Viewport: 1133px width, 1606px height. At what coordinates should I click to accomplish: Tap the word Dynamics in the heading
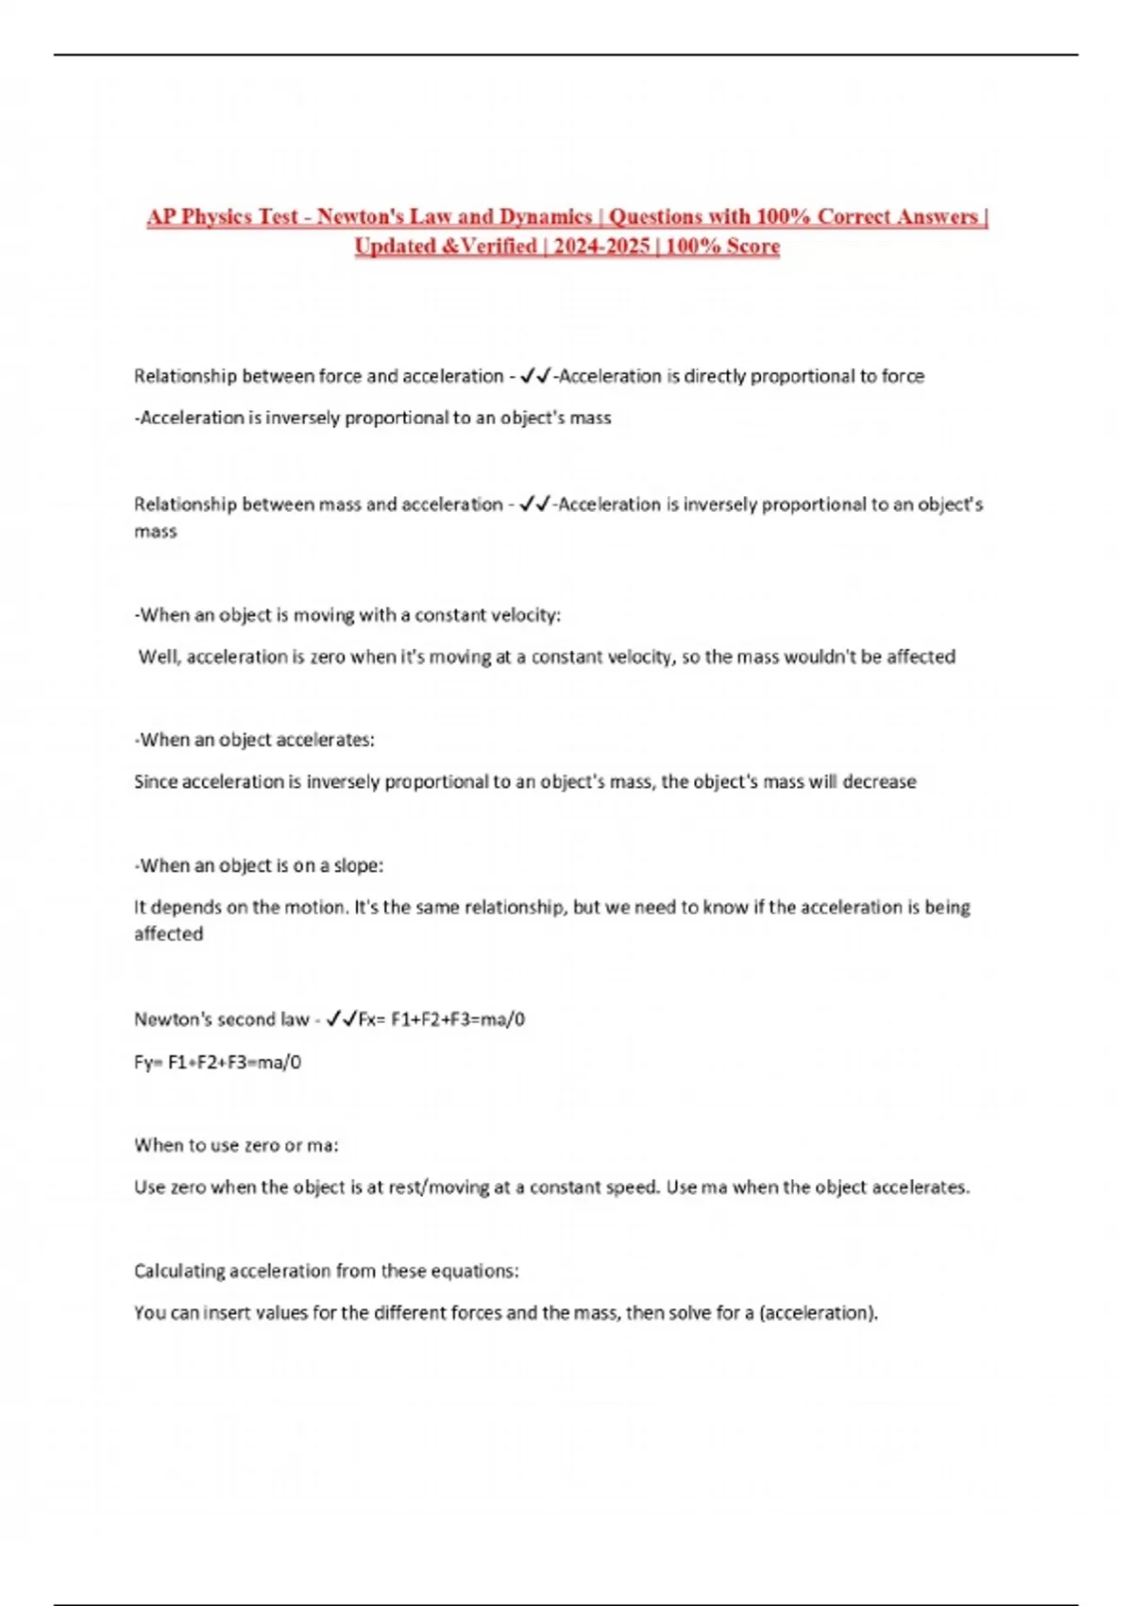point(546,216)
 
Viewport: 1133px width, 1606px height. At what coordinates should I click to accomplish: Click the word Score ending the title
point(753,247)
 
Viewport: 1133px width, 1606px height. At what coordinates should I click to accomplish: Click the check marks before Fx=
point(341,1019)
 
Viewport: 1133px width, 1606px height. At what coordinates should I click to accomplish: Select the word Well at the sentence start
point(158,657)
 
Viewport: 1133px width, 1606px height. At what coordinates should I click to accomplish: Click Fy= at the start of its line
point(148,1062)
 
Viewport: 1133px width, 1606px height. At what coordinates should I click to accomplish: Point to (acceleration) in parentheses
point(819,1312)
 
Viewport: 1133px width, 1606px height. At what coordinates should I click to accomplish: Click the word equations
point(474,1271)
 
